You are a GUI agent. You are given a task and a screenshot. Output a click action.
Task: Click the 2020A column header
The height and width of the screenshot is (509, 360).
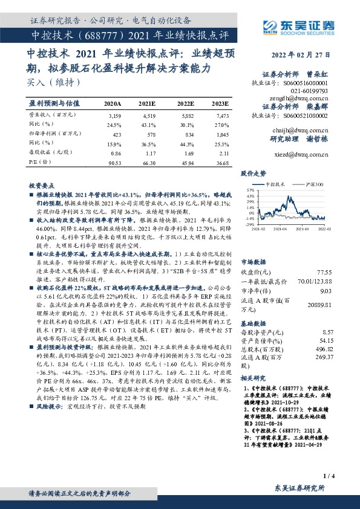click(x=113, y=104)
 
